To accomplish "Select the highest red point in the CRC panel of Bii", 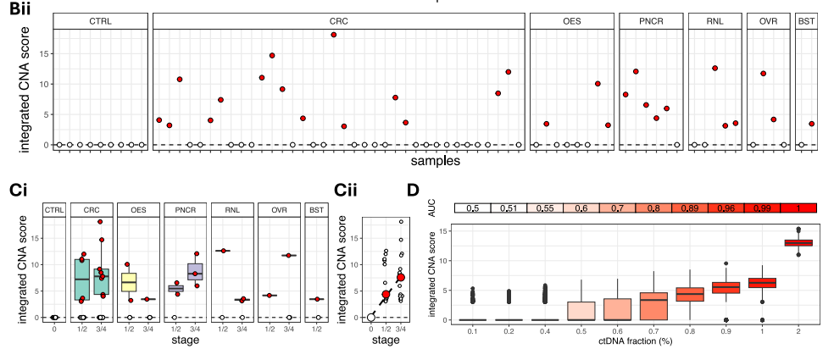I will click(x=334, y=35).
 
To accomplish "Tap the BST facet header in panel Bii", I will click(x=806, y=20).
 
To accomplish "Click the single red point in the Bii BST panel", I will click(x=811, y=124).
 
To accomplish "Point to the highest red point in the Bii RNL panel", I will click(x=715, y=68).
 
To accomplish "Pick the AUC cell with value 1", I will click(x=798, y=208).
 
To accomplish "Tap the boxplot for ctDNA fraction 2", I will click(x=798, y=242).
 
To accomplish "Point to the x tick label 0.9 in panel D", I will click(x=726, y=333).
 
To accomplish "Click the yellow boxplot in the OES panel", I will click(x=129, y=281).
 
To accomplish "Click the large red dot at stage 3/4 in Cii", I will click(x=401, y=277).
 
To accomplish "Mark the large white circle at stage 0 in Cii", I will click(x=371, y=317).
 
